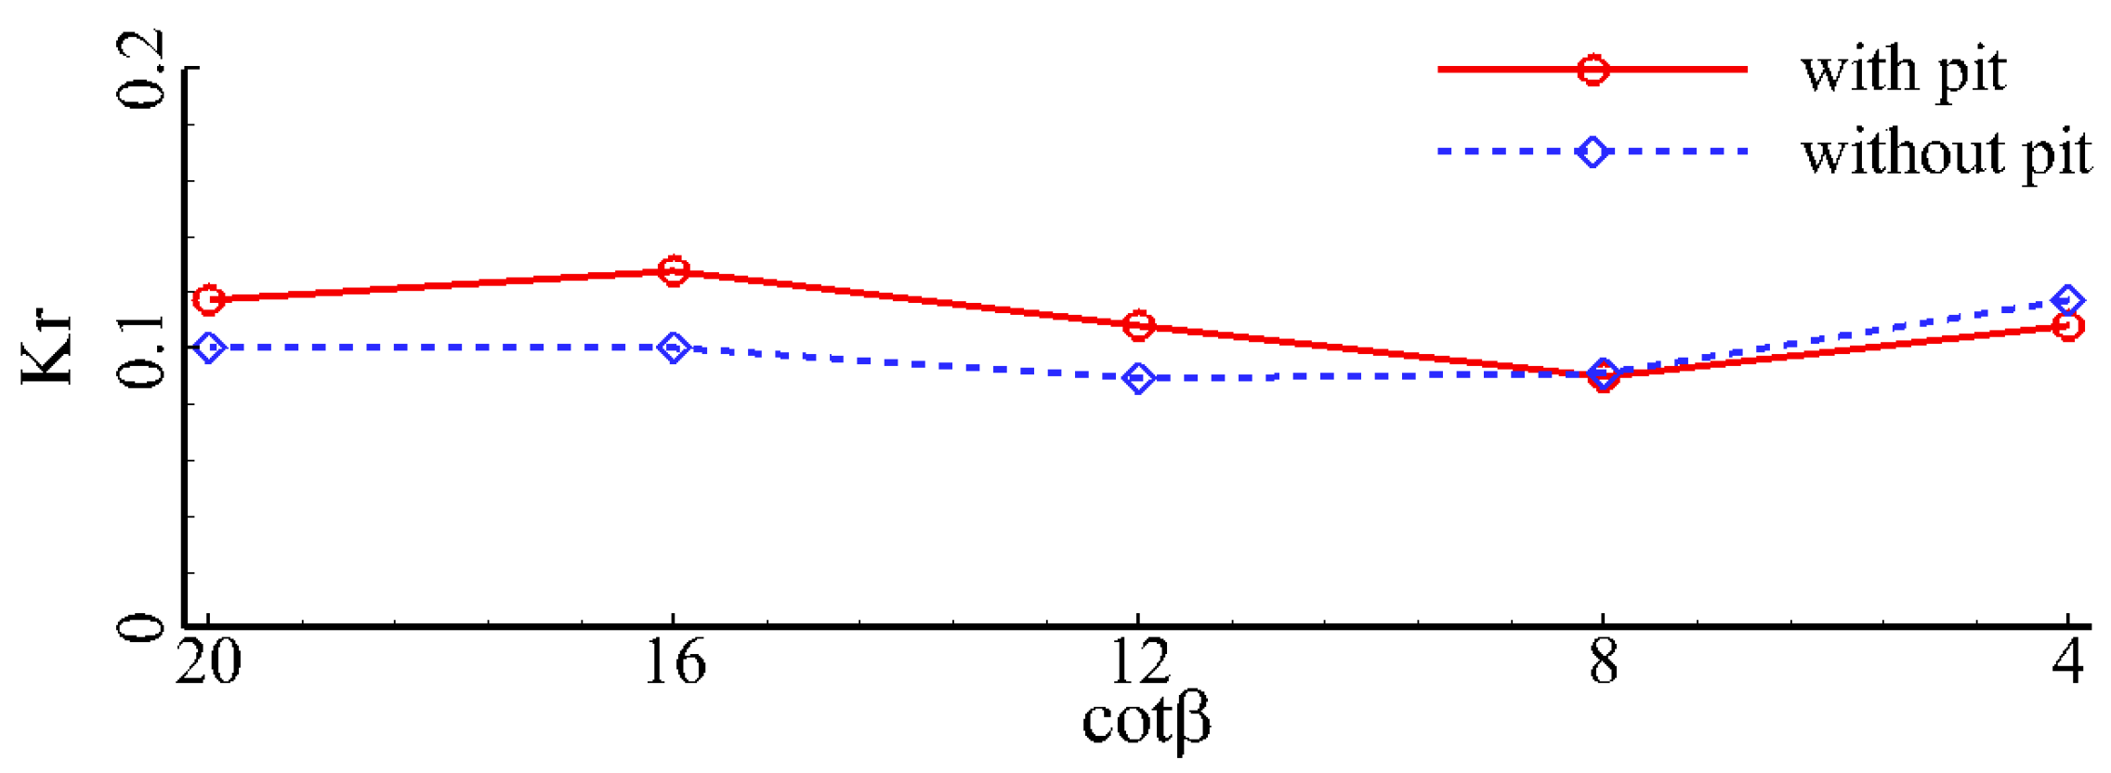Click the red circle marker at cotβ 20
(x=208, y=299)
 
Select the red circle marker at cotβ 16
(x=674, y=271)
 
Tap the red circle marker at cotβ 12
(x=1138, y=325)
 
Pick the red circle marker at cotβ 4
(x=2067, y=326)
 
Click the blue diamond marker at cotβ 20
(x=208, y=347)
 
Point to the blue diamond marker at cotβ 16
(x=674, y=347)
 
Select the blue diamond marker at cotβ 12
(x=1138, y=378)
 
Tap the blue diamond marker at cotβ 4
(x=2067, y=300)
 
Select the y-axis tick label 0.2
(x=142, y=70)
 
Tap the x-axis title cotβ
(x=1146, y=721)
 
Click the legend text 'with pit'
(x=1904, y=71)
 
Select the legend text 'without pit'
(x=1947, y=152)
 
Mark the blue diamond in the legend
(x=1593, y=151)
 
